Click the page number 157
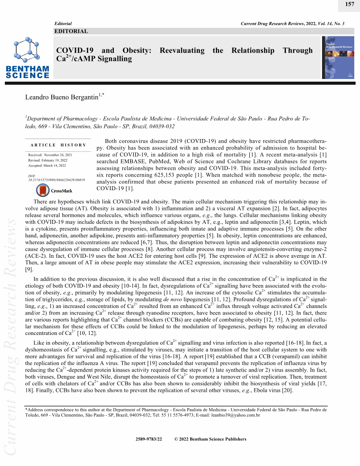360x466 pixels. click(x=349, y=4)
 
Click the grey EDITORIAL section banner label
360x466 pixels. click(x=71, y=31)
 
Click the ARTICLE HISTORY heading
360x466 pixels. click(x=58, y=145)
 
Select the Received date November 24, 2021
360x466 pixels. click(x=60, y=155)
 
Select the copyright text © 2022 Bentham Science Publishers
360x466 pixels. click(x=210, y=439)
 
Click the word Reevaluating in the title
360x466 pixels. click(x=182, y=50)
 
